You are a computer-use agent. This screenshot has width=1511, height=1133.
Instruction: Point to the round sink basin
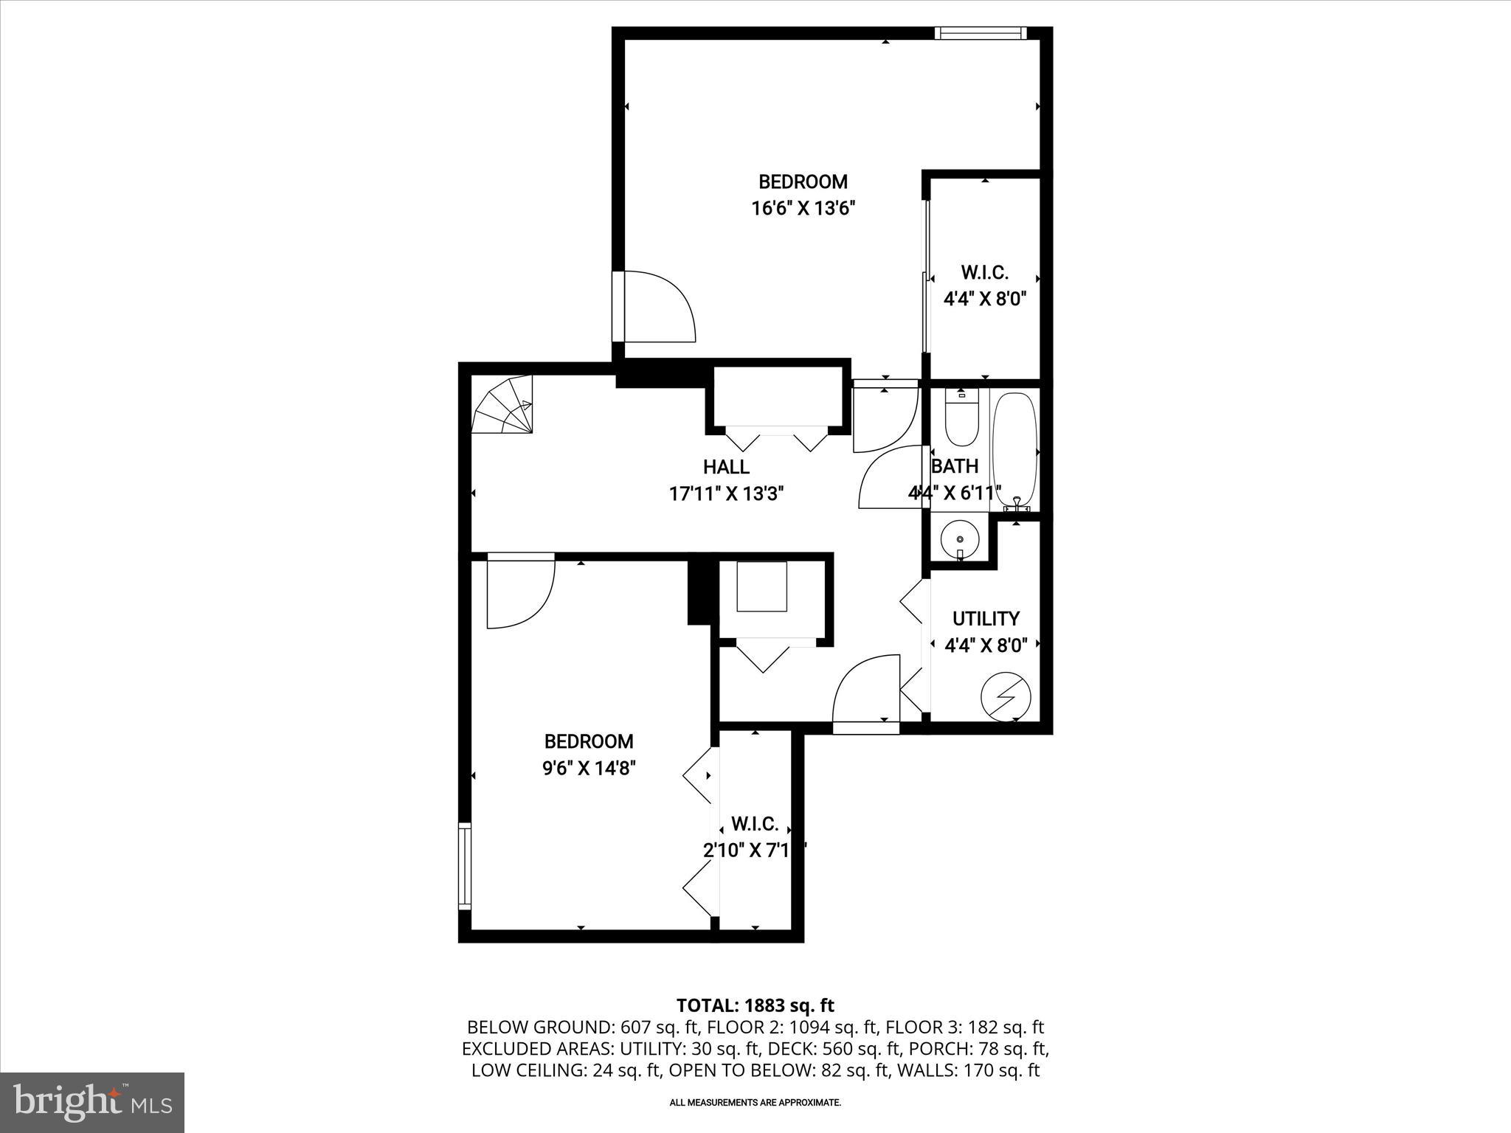click(x=959, y=541)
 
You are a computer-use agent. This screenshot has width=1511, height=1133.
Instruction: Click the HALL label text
click(x=726, y=467)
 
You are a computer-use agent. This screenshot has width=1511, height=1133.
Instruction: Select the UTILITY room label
click(x=986, y=619)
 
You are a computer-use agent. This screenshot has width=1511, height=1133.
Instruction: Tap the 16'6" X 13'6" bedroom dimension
click(x=803, y=209)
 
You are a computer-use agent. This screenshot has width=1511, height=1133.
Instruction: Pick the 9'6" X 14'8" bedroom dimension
click(x=589, y=769)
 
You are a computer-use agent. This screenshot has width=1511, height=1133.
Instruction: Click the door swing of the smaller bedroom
click(x=519, y=594)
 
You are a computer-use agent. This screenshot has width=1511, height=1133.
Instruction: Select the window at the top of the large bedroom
click(x=980, y=32)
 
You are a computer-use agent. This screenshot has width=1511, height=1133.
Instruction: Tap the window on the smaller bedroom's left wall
click(x=465, y=866)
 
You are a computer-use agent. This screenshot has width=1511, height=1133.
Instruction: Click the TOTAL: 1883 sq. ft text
click(x=755, y=1005)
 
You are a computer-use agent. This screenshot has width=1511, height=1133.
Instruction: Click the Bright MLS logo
click(x=92, y=1102)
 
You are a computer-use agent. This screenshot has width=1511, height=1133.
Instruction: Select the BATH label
click(x=955, y=466)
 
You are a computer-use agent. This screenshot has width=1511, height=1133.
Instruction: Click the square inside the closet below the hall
click(x=762, y=586)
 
